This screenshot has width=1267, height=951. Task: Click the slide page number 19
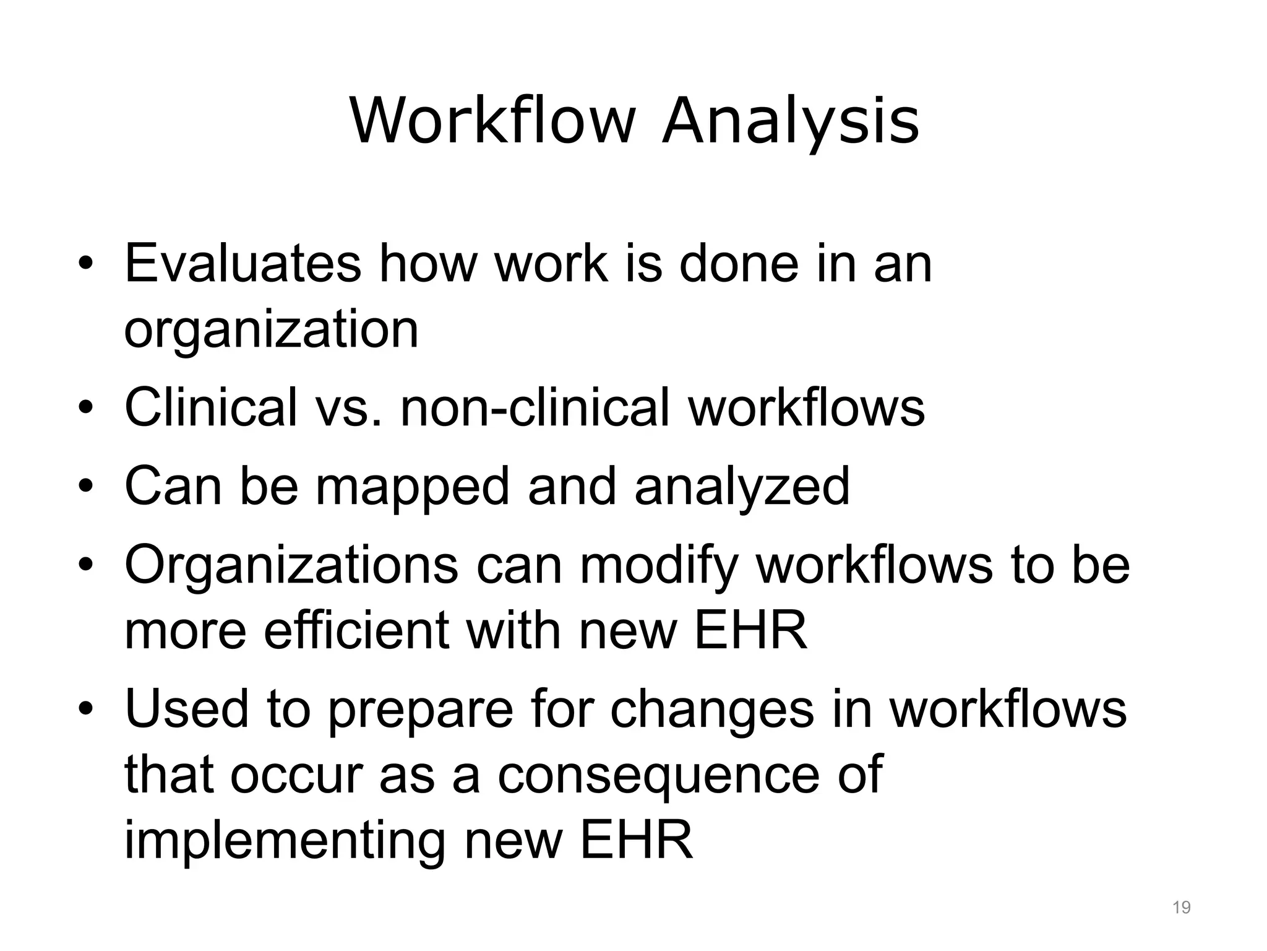click(x=1182, y=908)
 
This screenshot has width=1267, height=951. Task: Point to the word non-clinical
click(x=536, y=407)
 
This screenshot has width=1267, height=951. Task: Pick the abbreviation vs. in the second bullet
click(x=348, y=407)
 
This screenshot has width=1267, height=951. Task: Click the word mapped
click(x=413, y=487)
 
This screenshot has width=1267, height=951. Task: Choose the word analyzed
click(x=742, y=487)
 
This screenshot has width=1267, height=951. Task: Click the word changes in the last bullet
click(x=712, y=710)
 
